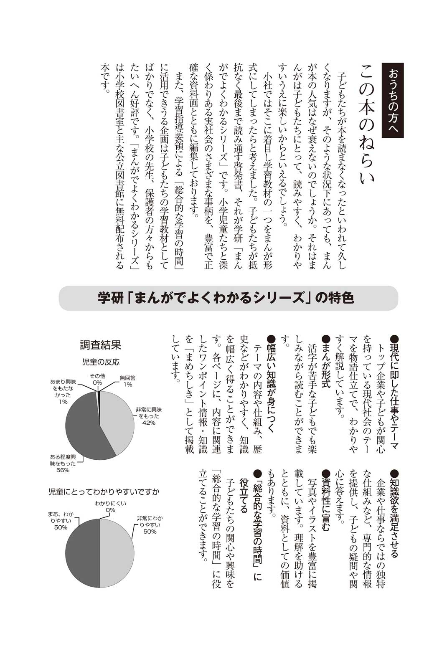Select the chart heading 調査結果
click(100, 345)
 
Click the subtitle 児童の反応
click(100, 362)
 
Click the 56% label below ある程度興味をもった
click(63, 470)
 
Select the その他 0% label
click(97, 379)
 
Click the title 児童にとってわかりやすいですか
click(104, 492)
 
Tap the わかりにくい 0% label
click(110, 507)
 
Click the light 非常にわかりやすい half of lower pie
click(117, 553)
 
